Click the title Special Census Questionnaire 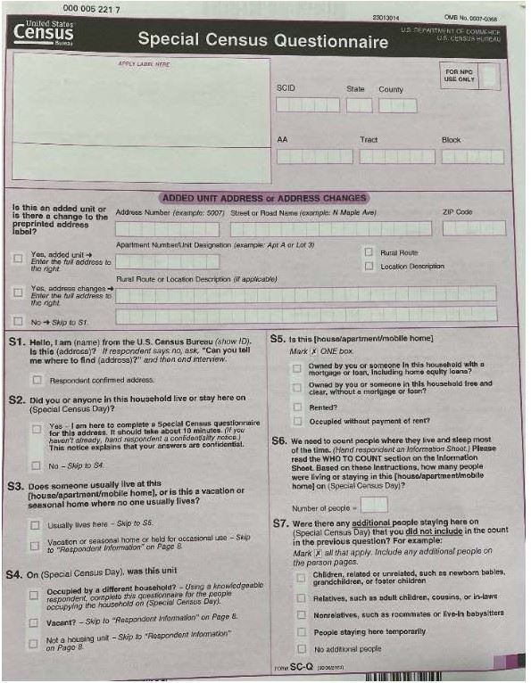(262, 40)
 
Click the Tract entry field (396, 157)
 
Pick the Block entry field (471, 157)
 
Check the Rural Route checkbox (369, 252)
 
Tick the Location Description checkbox (369, 266)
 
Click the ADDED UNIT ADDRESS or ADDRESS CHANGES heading (263, 197)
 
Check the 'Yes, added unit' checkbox (19, 259)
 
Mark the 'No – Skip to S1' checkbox (19, 320)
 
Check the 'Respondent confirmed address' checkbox (36, 379)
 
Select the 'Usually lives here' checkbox (36, 525)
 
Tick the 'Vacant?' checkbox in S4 (33, 618)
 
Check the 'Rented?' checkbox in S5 (297, 407)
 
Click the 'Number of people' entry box (375, 505)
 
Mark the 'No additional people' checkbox (302, 648)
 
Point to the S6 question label (278, 440)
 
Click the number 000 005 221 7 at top (89, 8)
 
